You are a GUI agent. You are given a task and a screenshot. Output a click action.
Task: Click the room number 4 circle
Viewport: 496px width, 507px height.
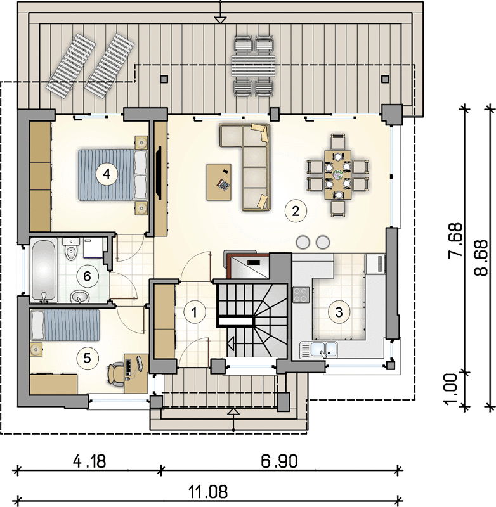pyautogui.click(x=106, y=174)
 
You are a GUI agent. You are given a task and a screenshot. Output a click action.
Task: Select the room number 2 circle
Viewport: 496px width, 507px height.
pyautogui.click(x=295, y=211)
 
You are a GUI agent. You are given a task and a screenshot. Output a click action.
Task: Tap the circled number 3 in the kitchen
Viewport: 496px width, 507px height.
pyautogui.click(x=339, y=312)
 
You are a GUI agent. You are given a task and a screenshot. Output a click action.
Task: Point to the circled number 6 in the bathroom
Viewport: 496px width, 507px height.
pyautogui.click(x=87, y=276)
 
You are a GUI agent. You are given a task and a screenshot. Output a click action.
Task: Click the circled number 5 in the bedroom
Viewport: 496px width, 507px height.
pyautogui.click(x=87, y=358)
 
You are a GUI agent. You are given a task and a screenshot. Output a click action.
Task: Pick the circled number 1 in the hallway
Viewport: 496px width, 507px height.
pyautogui.click(x=194, y=312)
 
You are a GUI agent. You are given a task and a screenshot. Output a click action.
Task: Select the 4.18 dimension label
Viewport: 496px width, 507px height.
pyautogui.click(x=89, y=461)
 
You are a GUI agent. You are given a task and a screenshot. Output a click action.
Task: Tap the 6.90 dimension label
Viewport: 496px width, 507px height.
pyautogui.click(x=279, y=461)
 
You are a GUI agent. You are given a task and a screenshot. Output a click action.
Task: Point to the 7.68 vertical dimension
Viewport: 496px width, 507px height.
pyautogui.click(x=455, y=240)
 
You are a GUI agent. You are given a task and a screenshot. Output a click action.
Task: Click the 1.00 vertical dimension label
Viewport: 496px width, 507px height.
pyautogui.click(x=450, y=389)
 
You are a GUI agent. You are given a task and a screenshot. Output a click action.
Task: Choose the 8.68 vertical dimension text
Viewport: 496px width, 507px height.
pyautogui.click(x=481, y=258)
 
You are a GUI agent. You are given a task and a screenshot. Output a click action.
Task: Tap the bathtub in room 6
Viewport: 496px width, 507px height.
pyautogui.click(x=44, y=270)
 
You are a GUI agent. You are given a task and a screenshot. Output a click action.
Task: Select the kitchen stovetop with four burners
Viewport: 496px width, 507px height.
pyautogui.click(x=301, y=295)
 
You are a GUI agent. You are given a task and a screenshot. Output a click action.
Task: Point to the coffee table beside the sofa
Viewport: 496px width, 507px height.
pyautogui.click(x=219, y=182)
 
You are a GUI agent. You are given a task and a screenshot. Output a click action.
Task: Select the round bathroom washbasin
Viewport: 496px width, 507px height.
pyautogui.click(x=80, y=296)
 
